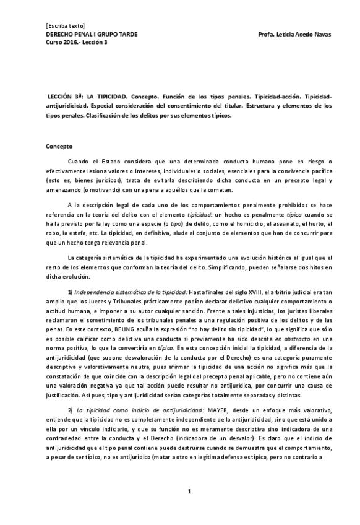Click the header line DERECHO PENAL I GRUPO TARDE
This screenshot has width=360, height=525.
(92, 34)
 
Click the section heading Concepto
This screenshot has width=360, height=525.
(59, 147)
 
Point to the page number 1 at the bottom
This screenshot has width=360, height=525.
(191, 491)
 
